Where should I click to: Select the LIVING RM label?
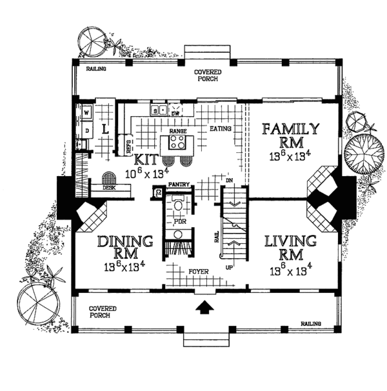point(290,247)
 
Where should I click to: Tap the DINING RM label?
point(126,247)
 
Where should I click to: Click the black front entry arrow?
point(204,308)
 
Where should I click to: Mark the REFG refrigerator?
point(128,146)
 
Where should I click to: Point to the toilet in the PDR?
point(179,206)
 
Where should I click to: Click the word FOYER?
point(198,272)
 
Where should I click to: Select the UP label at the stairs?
point(228,265)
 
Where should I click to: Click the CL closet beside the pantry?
point(157,192)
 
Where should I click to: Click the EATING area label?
point(220,129)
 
